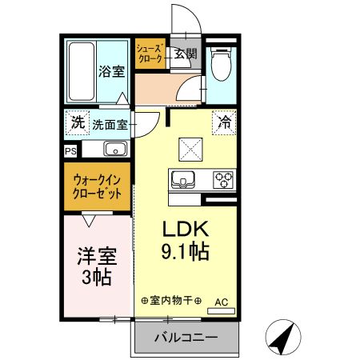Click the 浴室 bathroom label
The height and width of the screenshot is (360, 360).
112,71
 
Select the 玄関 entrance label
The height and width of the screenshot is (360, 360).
186,54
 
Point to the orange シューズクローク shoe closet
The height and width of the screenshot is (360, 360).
150,54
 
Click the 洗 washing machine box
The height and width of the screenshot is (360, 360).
77,123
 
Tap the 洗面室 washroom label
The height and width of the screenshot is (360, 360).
109,124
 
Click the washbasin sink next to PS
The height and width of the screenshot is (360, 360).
113,149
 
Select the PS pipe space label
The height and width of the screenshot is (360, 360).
70,150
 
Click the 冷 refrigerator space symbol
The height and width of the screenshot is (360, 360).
225,123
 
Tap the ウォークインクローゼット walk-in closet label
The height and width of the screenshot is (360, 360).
97,187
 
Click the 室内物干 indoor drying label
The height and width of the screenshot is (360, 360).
170,302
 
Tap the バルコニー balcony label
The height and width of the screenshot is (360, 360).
186,338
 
